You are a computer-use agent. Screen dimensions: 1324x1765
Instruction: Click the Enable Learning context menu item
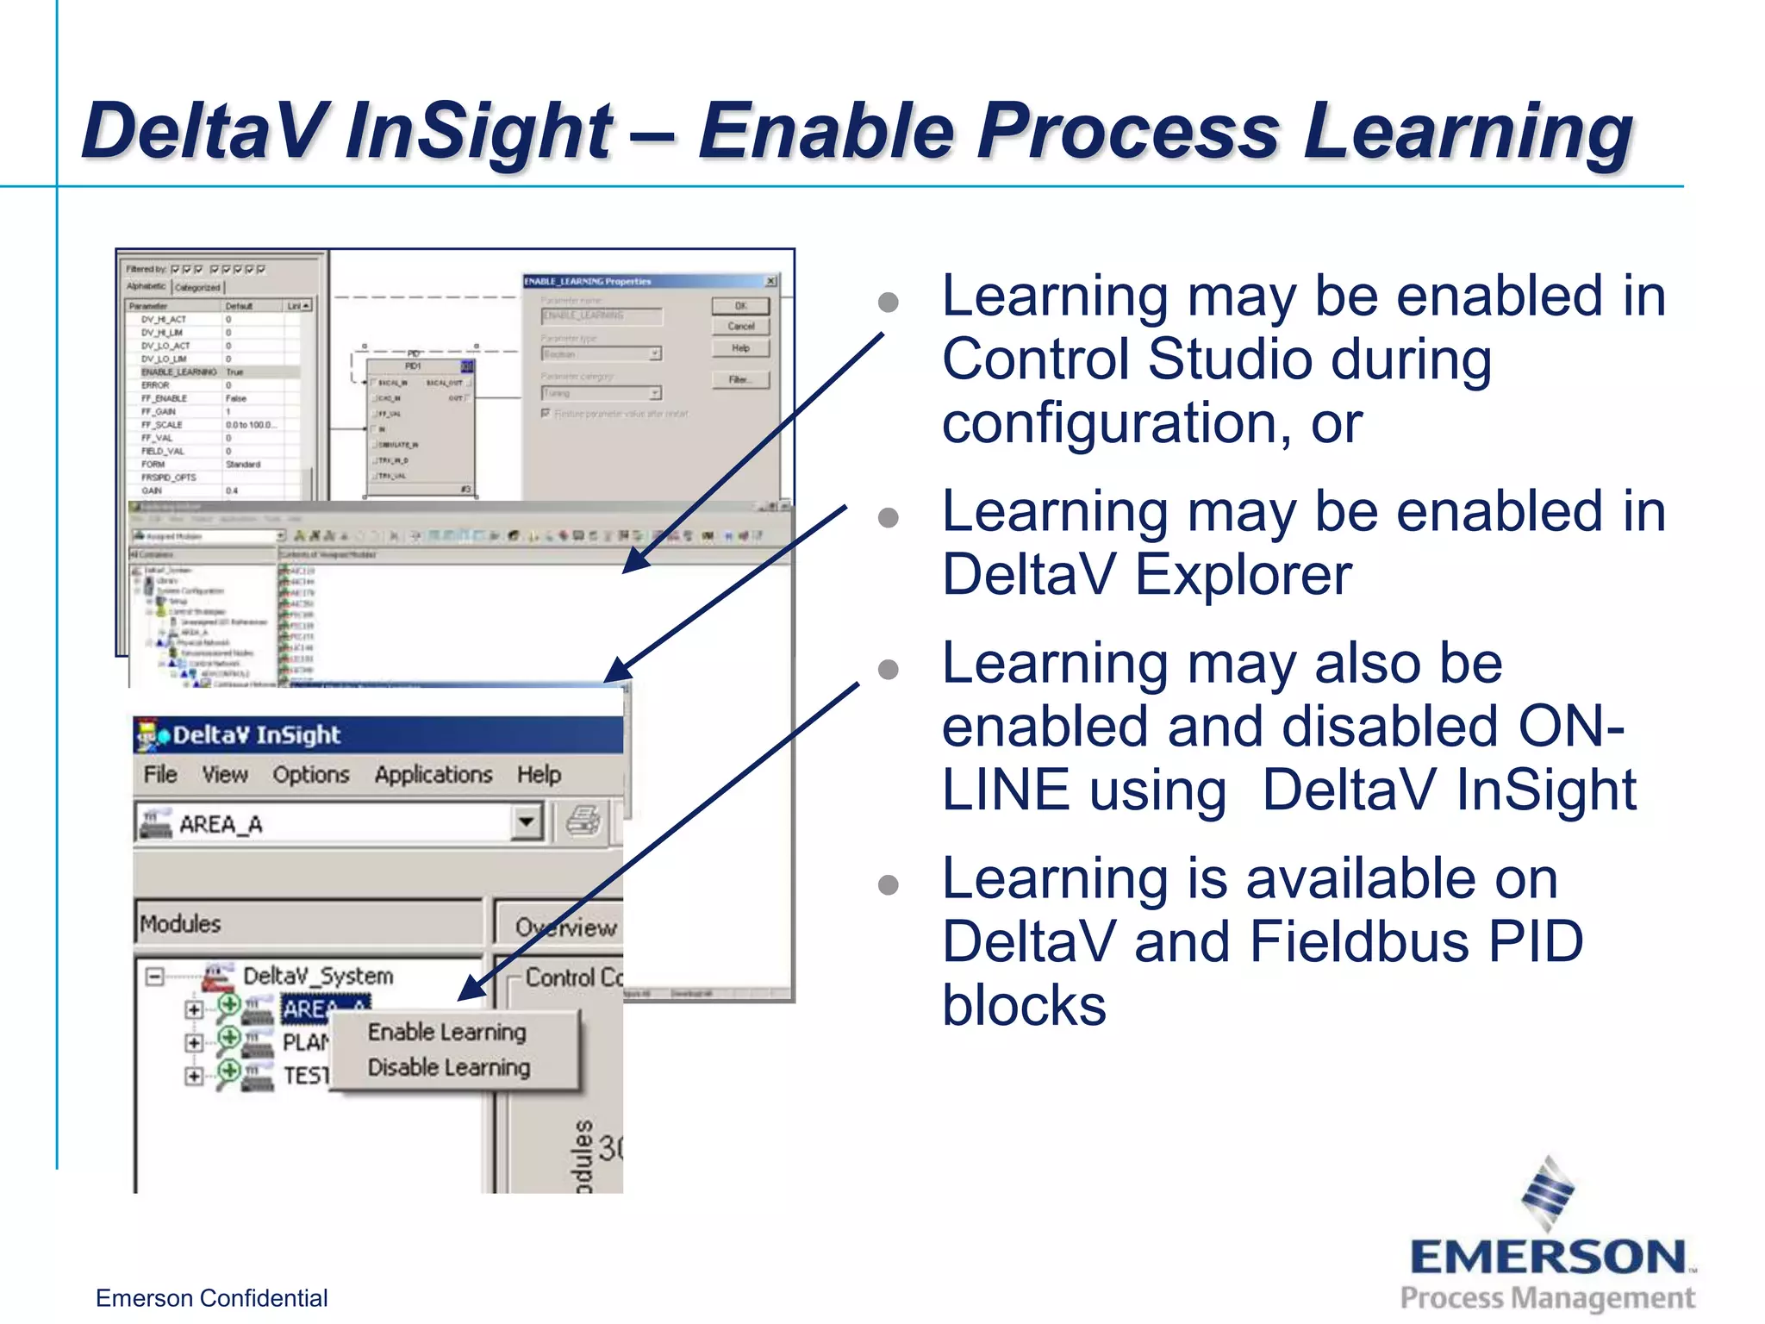446,1032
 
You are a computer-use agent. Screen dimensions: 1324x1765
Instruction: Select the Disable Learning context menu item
448,1067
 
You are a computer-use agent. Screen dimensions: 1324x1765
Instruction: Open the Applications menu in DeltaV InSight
433,774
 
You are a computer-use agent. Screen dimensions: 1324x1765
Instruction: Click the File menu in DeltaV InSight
160,774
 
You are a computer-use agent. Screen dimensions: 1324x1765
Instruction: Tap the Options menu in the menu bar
311,774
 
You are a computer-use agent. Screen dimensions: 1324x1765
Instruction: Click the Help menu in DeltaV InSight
539,774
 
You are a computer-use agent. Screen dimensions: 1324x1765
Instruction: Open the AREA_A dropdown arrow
526,821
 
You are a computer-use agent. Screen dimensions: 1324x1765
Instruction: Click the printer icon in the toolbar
583,821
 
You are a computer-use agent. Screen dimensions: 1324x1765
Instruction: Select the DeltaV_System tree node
317,976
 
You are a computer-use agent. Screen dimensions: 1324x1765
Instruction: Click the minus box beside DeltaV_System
155,977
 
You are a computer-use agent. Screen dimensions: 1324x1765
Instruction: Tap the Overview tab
564,927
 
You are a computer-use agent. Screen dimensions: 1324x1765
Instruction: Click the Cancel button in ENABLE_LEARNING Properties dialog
740,327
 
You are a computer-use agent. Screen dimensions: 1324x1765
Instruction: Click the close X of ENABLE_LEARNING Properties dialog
770,281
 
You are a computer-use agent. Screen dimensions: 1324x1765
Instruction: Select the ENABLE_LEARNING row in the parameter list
178,372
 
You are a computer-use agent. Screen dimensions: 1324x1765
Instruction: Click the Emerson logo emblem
1547,1193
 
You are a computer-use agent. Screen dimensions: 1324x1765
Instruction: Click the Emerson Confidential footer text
211,1297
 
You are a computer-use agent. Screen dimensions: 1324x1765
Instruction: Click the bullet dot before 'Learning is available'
888,884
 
